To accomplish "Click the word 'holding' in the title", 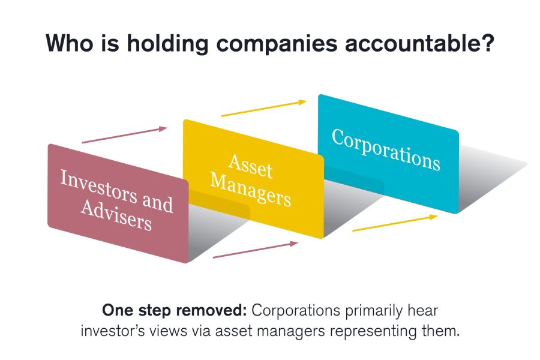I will (161, 44).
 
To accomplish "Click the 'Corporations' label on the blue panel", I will (386, 150).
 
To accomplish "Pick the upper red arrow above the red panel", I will (124, 134).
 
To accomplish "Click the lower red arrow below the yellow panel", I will (256, 250).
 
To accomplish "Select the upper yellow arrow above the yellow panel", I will (264, 108).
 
